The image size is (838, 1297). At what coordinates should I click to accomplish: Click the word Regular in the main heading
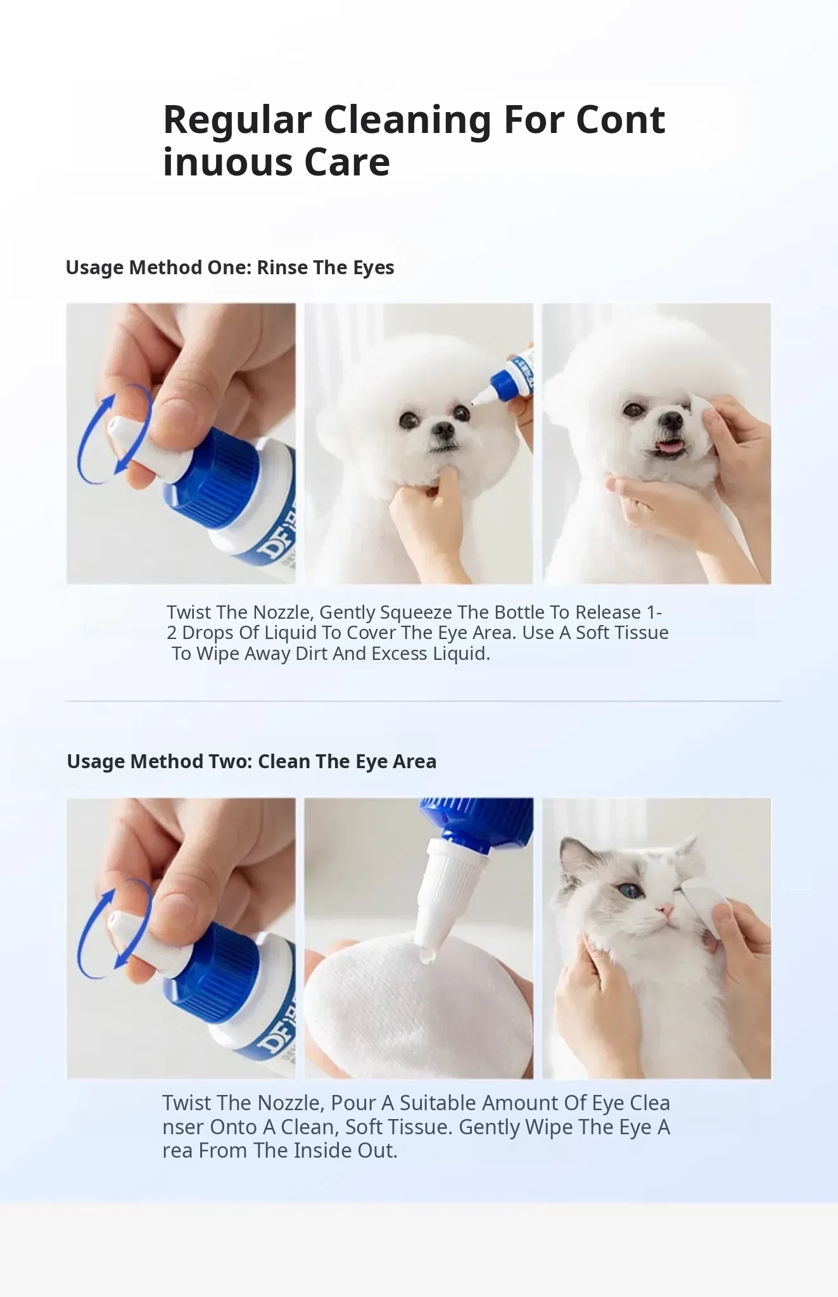pyautogui.click(x=238, y=120)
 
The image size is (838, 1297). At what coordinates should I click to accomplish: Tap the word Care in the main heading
pyautogui.click(x=347, y=162)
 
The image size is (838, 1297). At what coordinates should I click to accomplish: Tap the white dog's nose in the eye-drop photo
pyautogui.click(x=443, y=433)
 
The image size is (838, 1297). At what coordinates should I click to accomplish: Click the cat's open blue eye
pyautogui.click(x=631, y=890)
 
